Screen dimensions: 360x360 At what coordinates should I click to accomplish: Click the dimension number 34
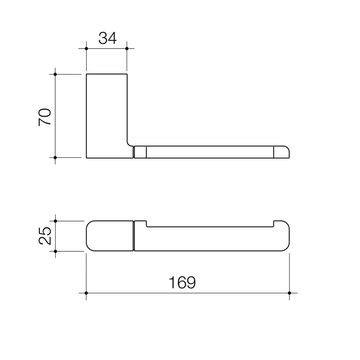(108, 38)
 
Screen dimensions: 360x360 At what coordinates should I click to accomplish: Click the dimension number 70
(45, 117)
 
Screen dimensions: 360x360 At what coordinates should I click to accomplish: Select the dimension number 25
(45, 236)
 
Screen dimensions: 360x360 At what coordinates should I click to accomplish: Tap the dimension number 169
(182, 282)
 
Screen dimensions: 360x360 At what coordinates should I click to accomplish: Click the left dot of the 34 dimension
(86, 49)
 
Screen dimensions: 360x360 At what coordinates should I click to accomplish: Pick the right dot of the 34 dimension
(127, 49)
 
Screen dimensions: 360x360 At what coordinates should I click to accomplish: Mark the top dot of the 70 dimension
(55, 74)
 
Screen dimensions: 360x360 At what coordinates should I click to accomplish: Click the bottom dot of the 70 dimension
(55, 157)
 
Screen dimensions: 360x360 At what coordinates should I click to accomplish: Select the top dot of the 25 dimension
(55, 221)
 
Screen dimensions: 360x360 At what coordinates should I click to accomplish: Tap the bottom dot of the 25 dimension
(55, 251)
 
